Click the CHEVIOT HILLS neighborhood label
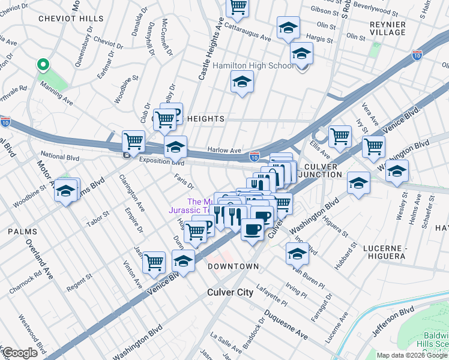(71, 19)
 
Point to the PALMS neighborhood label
(22, 231)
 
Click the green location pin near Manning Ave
(42, 64)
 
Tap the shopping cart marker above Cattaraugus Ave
(238, 7)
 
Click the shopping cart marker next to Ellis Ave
(340, 136)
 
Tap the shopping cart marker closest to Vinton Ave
(154, 262)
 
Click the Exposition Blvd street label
(161, 162)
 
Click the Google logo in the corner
(20, 353)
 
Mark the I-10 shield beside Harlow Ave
(255, 157)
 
